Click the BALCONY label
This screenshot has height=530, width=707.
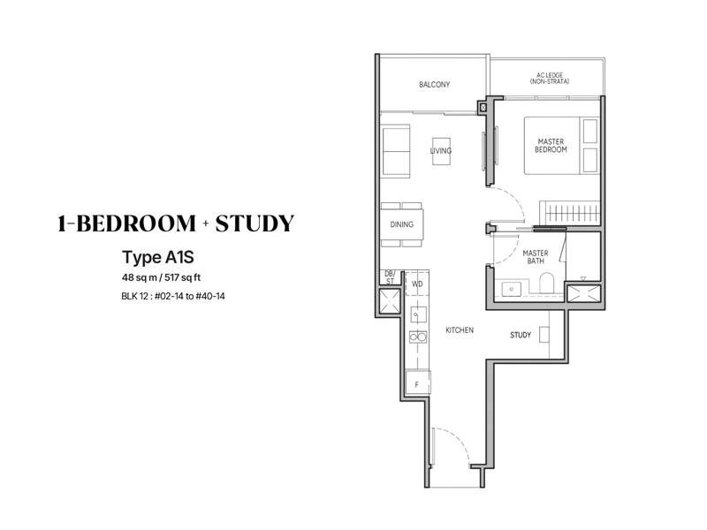tap(434, 84)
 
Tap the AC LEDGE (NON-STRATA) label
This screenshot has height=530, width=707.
tap(549, 79)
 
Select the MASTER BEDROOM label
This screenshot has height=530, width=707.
tap(551, 146)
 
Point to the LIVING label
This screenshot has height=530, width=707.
tap(440, 150)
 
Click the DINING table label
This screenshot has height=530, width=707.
tap(402, 224)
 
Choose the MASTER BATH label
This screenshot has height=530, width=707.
tap(536, 257)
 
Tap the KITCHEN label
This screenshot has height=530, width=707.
tap(460, 330)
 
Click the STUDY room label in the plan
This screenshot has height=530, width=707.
tap(521, 335)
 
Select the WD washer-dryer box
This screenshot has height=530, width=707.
tap(417, 284)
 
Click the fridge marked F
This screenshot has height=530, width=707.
tap(417, 384)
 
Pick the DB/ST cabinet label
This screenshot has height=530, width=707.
tap(390, 277)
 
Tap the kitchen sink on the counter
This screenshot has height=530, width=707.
tap(418, 314)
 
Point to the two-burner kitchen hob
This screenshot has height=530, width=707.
tap(418, 337)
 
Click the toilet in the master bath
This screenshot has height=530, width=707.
tap(546, 284)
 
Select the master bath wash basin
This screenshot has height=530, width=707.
tap(512, 289)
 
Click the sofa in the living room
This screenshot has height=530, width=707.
tap(396, 151)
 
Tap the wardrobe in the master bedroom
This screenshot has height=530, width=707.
tap(570, 212)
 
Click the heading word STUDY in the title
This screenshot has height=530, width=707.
tap(255, 223)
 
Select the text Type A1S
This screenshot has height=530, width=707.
tap(158, 257)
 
